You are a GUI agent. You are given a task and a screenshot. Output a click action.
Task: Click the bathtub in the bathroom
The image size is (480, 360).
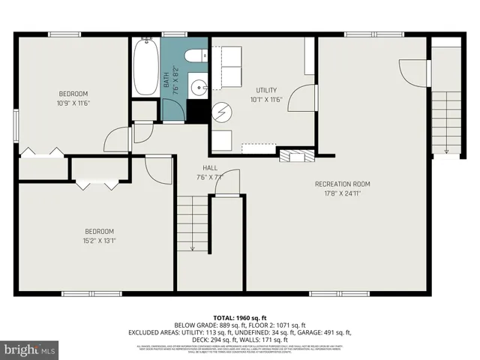pos(145,67)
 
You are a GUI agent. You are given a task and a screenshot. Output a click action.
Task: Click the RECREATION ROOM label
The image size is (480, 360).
pos(342,184)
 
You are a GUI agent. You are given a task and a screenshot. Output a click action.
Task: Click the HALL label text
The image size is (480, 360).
pos(210,167)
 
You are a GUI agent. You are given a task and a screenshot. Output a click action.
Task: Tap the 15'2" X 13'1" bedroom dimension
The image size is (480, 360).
pos(99,240)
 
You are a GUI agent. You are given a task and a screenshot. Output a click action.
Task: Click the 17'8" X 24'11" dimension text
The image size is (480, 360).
pos(342,193)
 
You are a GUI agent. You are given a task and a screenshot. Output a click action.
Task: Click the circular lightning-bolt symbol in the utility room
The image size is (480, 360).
pos(221,112)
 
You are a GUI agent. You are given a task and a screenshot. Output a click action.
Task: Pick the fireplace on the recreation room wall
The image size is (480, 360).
pos(297,155)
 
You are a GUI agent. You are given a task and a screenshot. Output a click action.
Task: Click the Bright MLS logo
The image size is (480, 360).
pos(30,349)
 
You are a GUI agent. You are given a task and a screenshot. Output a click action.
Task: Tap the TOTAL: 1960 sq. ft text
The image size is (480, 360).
pos(240,317)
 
